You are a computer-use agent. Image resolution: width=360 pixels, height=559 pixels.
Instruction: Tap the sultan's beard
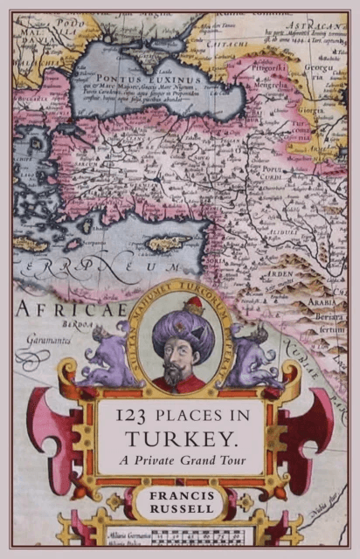174,374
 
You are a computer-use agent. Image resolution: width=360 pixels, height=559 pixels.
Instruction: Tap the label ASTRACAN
318,28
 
